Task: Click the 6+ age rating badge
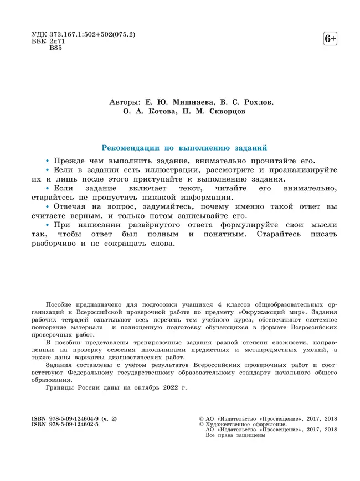[330, 39]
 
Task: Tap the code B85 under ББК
[56, 49]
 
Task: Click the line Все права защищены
[235, 435]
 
